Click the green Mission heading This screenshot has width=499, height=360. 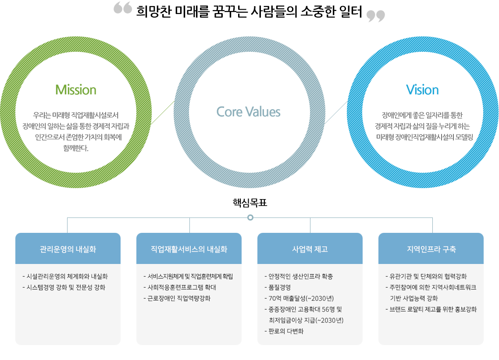pyautogui.click(x=76, y=90)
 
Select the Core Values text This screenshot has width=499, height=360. pyautogui.click(x=248, y=112)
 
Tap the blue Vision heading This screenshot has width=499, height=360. pyautogui.click(x=422, y=90)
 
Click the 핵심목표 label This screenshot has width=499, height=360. pyautogui.click(x=250, y=203)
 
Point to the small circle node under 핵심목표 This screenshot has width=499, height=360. pyautogui.click(x=250, y=217)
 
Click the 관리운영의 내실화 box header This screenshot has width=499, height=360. pyautogui.click(x=68, y=249)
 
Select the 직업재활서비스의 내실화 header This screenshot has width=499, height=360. pyautogui.click(x=189, y=249)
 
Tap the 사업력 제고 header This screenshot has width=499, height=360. pyautogui.click(x=310, y=249)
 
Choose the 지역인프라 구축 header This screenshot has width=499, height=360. pyautogui.click(x=431, y=249)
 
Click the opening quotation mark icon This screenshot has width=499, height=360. pyautogui.click(x=123, y=9)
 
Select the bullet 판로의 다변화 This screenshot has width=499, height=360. pyautogui.click(x=286, y=331)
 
